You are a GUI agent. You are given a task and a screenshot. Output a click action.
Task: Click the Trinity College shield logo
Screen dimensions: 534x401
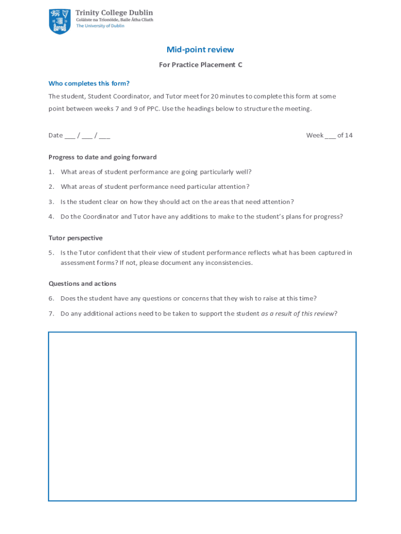pyautogui.click(x=59, y=21)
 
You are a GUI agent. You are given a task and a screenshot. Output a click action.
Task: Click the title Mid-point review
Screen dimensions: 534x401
pyautogui.click(x=200, y=50)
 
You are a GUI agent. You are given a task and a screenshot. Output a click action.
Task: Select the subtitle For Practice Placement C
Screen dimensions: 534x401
pyautogui.click(x=200, y=65)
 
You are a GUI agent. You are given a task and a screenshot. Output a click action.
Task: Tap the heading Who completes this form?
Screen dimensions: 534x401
pyautogui.click(x=89, y=83)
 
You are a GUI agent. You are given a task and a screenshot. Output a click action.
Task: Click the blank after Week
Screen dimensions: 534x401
pyautogui.click(x=331, y=136)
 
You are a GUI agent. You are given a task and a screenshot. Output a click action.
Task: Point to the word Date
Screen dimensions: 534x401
pyautogui.click(x=55, y=136)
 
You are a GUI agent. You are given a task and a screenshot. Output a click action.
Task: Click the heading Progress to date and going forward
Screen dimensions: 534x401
pyautogui.click(x=103, y=157)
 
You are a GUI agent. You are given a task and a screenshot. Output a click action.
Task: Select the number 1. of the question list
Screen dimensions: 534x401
pyautogui.click(x=52, y=172)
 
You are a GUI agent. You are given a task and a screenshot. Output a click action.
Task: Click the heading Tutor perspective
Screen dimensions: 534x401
pyautogui.click(x=76, y=238)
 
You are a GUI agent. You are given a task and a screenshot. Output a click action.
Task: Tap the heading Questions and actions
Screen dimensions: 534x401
pyautogui.click(x=82, y=284)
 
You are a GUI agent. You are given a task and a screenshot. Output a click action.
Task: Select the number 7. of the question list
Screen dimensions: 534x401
pyautogui.click(x=52, y=313)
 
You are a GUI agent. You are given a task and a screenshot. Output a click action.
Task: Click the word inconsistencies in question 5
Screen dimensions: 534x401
pyautogui.click(x=229, y=263)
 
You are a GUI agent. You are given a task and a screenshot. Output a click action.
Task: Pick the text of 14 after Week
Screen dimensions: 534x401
pyautogui.click(x=345, y=136)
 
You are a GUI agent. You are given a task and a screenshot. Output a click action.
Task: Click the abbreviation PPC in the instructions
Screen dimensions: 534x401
pyautogui.click(x=148, y=108)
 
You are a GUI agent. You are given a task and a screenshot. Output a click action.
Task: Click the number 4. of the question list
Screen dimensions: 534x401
pyautogui.click(x=52, y=216)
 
